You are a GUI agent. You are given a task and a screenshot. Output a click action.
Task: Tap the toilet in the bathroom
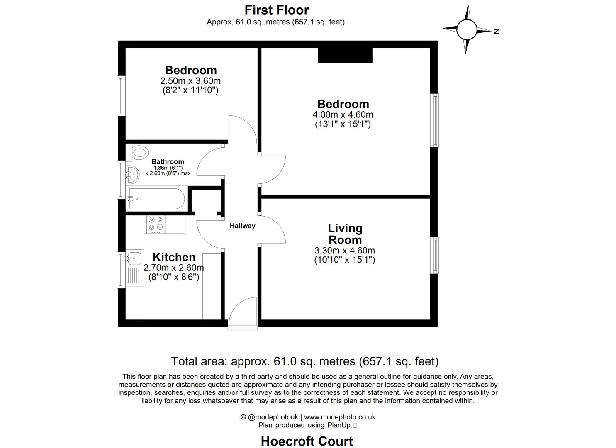click(139, 152)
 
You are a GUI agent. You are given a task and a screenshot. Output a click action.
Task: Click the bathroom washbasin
click(132, 175)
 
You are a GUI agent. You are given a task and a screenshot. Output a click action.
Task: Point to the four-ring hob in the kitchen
click(156, 224)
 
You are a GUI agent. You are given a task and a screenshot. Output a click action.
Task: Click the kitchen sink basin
click(134, 258)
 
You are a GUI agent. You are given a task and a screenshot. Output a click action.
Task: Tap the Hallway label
click(243, 226)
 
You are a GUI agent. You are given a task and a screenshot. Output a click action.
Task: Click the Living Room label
click(345, 234)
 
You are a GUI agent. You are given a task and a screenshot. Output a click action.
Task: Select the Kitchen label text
click(174, 257)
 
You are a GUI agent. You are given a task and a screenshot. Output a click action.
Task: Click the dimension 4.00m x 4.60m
click(343, 114)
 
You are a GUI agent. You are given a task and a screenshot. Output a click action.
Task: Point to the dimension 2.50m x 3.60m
click(190, 80)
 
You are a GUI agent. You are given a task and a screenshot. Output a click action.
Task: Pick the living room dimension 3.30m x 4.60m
click(345, 251)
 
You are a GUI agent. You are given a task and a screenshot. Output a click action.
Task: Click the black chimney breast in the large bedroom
click(345, 56)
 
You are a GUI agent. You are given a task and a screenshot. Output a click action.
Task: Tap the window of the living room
click(435, 255)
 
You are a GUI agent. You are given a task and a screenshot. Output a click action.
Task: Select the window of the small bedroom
click(121, 96)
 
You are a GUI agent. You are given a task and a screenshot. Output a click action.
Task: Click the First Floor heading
click(277, 10)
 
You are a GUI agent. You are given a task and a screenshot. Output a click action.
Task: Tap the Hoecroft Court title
click(307, 441)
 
